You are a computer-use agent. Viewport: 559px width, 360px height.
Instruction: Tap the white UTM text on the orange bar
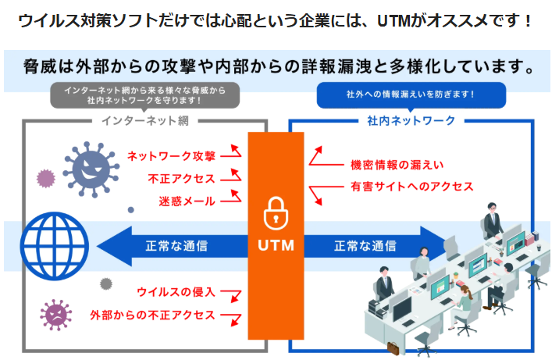click(x=276, y=245)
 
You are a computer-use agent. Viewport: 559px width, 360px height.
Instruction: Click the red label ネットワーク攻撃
click(x=171, y=156)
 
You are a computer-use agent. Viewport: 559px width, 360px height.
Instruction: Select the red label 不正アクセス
click(x=182, y=179)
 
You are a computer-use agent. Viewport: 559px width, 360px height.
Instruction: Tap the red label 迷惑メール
click(x=187, y=201)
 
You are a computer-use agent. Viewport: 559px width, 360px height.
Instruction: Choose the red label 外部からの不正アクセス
click(x=152, y=315)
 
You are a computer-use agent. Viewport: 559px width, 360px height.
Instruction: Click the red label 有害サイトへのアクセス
click(x=412, y=187)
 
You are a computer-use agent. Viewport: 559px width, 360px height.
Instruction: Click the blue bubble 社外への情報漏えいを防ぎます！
click(x=411, y=94)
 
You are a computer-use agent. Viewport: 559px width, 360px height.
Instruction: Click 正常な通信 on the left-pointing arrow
click(x=176, y=245)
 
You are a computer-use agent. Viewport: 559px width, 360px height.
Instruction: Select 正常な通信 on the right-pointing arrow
click(x=365, y=245)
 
